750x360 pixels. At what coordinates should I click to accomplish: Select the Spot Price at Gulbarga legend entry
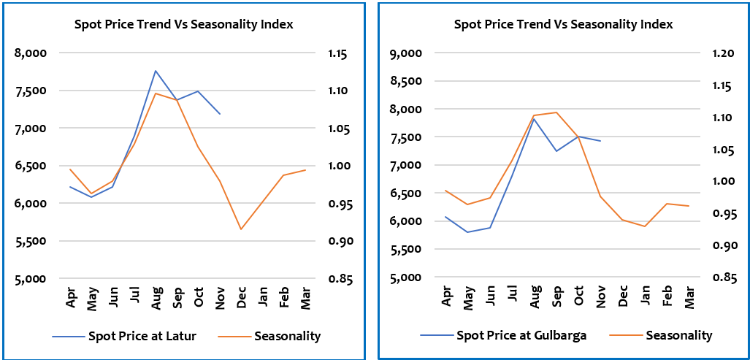point(521,335)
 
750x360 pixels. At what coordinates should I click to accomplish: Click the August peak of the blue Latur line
point(156,71)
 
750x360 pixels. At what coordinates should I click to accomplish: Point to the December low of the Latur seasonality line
point(240,229)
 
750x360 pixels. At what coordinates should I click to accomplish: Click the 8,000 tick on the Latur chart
point(32,53)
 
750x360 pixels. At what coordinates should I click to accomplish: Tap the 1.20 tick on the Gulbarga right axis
point(712,53)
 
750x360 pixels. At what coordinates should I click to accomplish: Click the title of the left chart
point(183,24)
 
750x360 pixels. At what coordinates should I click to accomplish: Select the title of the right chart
point(563,24)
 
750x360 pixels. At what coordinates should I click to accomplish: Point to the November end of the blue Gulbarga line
point(600,141)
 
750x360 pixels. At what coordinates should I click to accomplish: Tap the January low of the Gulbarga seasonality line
point(644,226)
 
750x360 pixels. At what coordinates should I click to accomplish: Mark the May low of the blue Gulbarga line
point(469,232)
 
